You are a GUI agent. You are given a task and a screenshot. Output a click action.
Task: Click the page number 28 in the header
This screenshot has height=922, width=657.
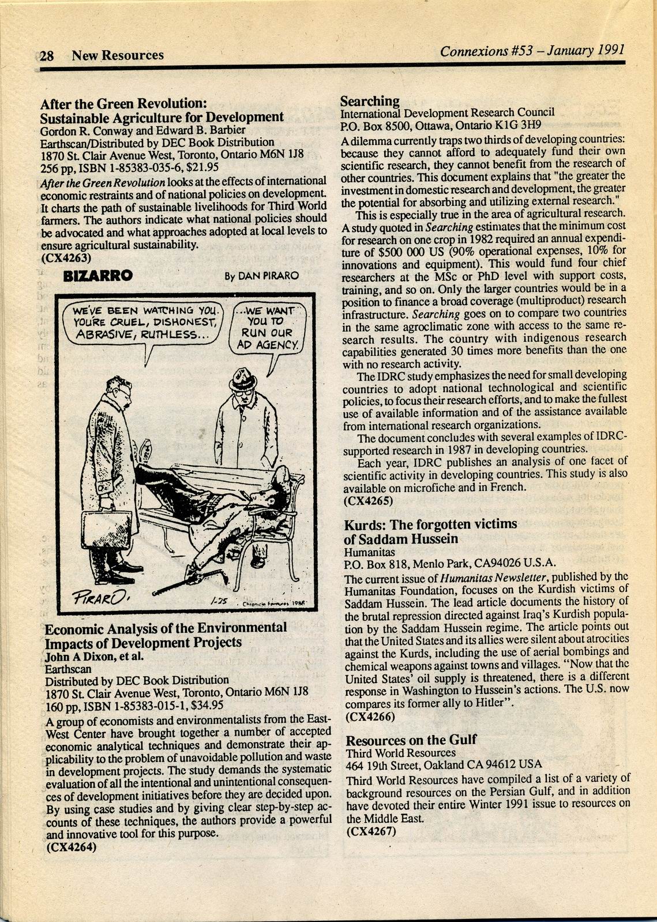[47, 56]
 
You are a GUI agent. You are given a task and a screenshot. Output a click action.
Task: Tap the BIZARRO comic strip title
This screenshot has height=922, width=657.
[97, 276]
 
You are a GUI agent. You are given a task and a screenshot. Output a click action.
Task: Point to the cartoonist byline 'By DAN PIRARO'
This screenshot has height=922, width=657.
[261, 276]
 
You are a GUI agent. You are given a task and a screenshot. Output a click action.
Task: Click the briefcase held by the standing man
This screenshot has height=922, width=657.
[106, 529]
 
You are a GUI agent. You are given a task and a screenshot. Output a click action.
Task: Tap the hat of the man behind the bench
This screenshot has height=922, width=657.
[243, 378]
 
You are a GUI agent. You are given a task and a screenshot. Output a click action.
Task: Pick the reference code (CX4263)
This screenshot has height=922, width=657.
[66, 258]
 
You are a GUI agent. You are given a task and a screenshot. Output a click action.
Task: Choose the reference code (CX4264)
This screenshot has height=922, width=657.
[71, 847]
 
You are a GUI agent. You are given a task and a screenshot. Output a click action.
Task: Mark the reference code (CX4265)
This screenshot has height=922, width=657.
[369, 500]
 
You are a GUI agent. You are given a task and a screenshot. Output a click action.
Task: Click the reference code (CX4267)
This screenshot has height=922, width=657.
[371, 831]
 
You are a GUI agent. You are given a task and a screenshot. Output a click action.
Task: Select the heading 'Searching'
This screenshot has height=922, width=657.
[370, 101]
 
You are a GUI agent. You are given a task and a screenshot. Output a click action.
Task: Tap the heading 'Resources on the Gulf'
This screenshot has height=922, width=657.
[411, 740]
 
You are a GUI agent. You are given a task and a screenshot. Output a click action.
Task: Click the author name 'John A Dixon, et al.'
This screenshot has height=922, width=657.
[94, 657]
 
